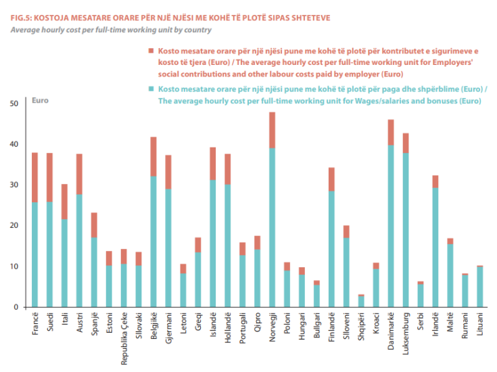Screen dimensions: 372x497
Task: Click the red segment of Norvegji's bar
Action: [273, 130]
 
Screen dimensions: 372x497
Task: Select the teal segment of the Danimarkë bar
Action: [391, 227]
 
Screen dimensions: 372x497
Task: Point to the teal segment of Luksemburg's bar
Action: [406, 230]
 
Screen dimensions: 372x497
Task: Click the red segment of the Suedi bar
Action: [49, 177]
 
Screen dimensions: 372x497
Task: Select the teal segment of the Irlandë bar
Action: [435, 248]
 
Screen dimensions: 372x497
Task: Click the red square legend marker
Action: [151, 51]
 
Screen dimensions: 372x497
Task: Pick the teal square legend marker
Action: [151, 89]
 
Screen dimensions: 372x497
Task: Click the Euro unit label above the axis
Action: [41, 100]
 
